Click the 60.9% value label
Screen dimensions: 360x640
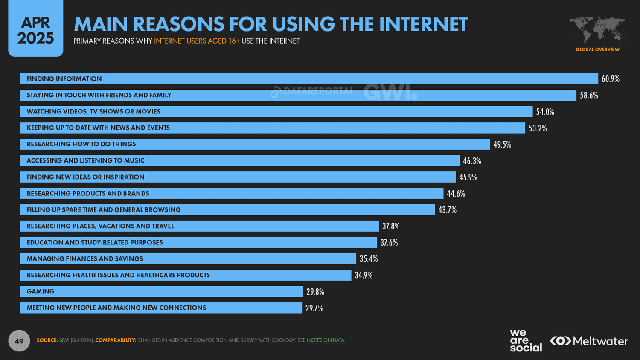610,79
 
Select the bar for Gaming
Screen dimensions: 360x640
161,292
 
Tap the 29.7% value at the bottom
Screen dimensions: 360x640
314,308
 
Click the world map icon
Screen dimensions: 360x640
597,30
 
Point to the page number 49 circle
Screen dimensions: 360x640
19,341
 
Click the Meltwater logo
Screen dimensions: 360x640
589,341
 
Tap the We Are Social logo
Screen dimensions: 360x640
525,341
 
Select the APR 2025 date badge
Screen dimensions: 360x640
35,30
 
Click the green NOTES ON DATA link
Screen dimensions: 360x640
326,340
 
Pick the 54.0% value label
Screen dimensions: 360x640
545,112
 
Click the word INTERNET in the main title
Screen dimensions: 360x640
423,24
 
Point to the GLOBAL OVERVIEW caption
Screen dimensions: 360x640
597,49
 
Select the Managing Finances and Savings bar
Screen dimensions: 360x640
188,259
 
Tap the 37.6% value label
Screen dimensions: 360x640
389,243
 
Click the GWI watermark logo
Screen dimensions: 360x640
390,92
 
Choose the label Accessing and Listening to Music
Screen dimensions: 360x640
85,161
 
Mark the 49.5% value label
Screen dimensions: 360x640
502,145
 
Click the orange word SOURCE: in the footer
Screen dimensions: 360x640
47,340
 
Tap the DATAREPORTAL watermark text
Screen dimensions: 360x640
318,91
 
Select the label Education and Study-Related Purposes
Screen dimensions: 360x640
95,243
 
